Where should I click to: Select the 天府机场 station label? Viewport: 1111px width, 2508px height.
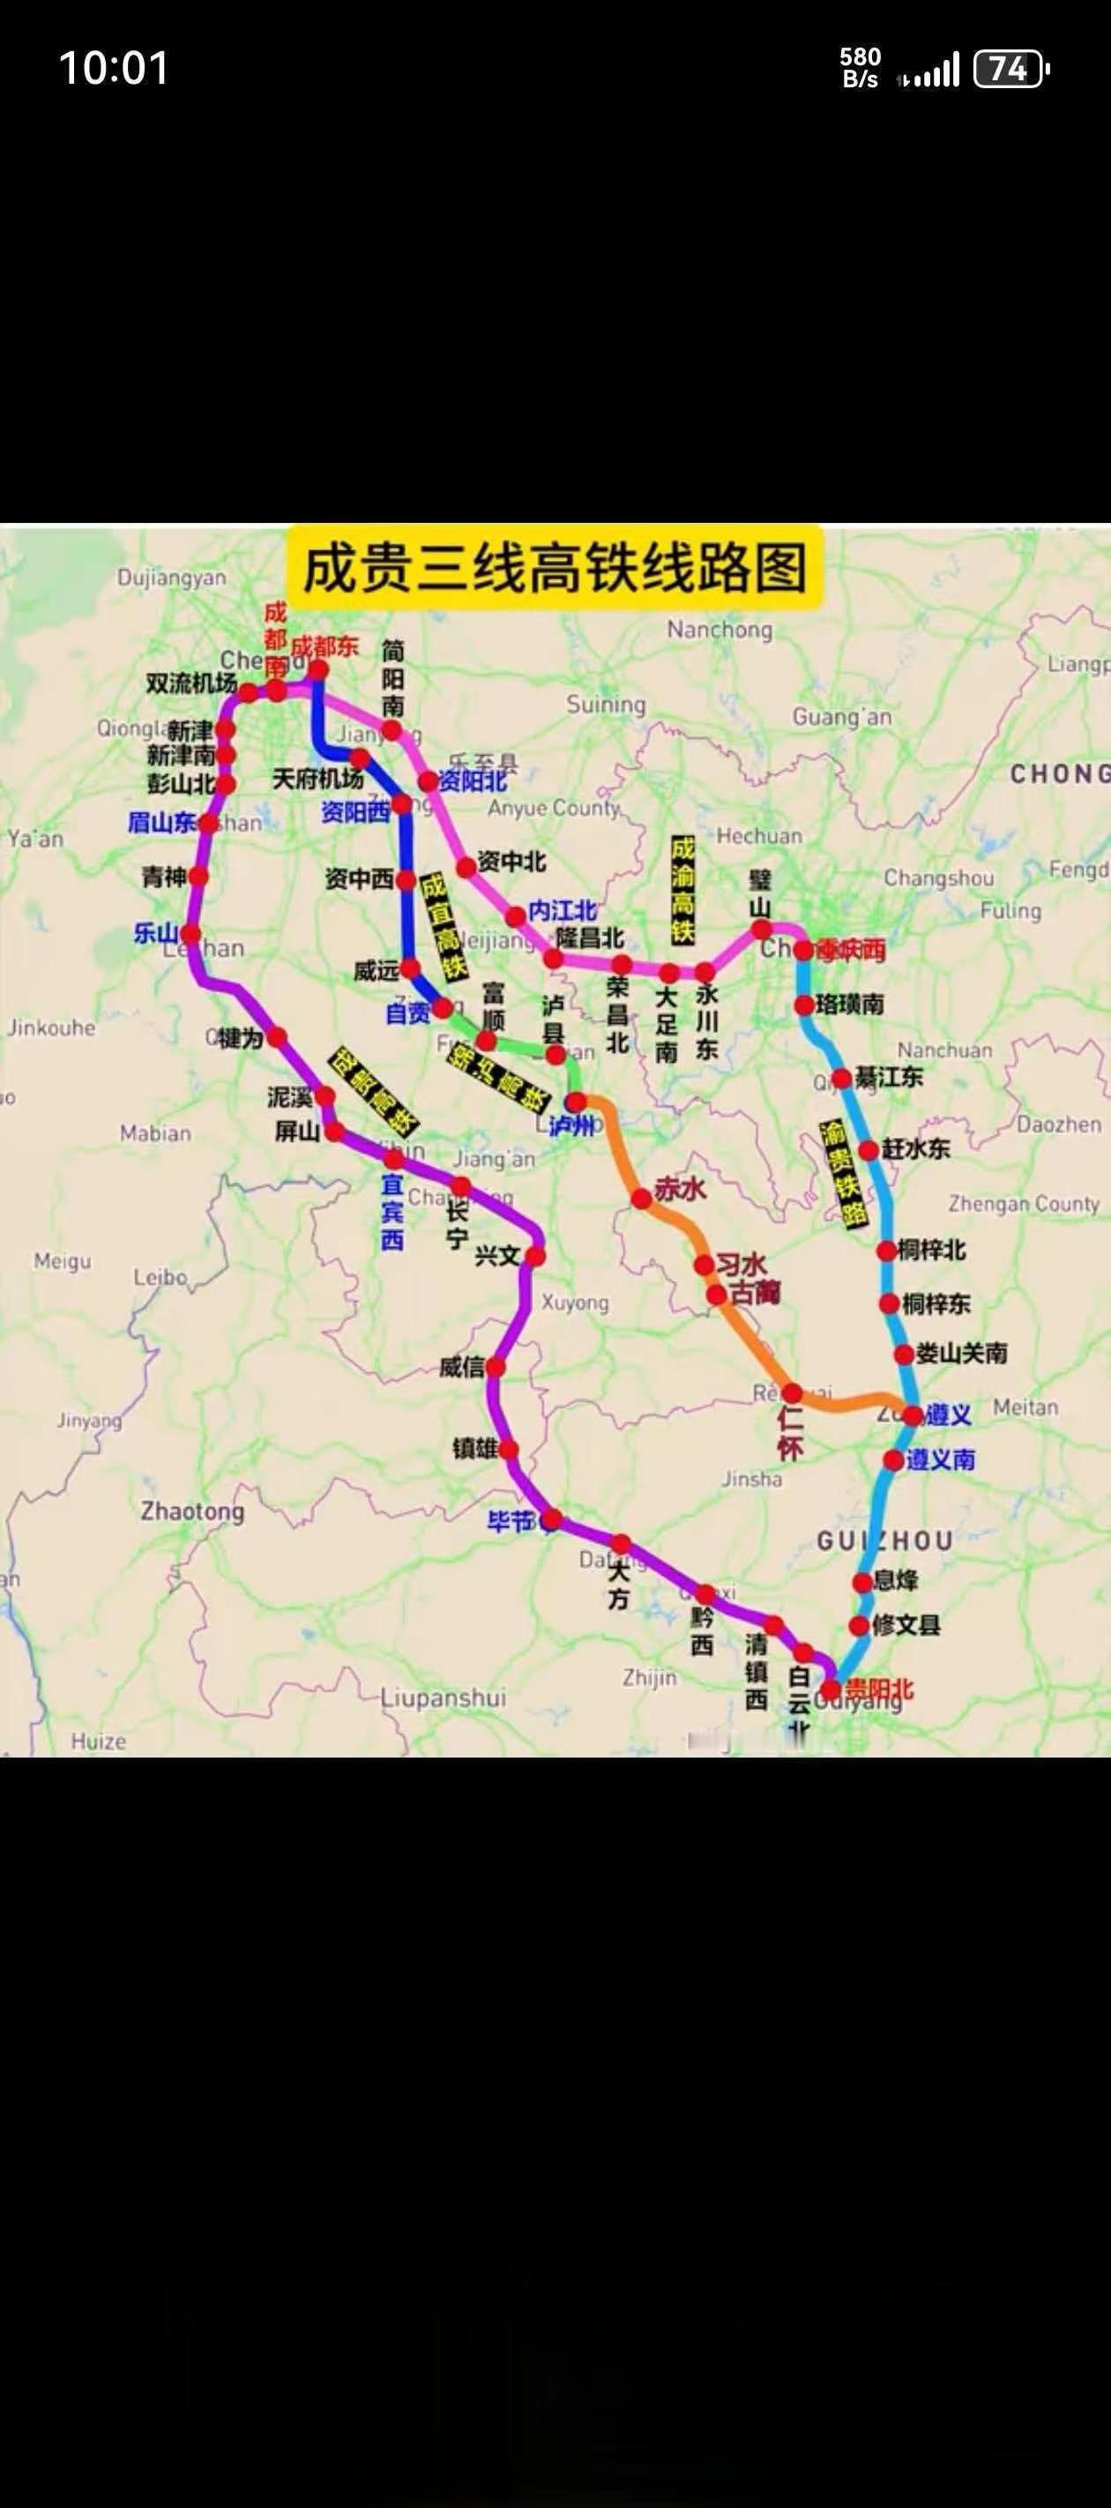[x=317, y=779]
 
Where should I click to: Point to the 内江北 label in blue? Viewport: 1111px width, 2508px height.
[x=562, y=910]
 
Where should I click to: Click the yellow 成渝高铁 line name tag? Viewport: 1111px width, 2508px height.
[x=682, y=890]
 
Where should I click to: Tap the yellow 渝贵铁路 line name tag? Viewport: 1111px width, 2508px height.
[x=843, y=1173]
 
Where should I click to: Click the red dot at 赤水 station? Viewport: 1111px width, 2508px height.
[x=642, y=1198]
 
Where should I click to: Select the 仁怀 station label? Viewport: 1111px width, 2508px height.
[x=790, y=1433]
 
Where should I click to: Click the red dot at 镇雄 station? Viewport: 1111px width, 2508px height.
[x=508, y=1450]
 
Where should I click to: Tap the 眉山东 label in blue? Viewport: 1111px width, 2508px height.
[x=161, y=823]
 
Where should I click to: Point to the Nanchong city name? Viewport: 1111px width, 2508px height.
[x=719, y=630]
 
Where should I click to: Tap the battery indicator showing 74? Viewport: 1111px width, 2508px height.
[x=1010, y=69]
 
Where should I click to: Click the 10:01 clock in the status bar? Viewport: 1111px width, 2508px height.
[x=114, y=68]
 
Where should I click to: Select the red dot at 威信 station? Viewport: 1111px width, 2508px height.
[x=495, y=1367]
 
